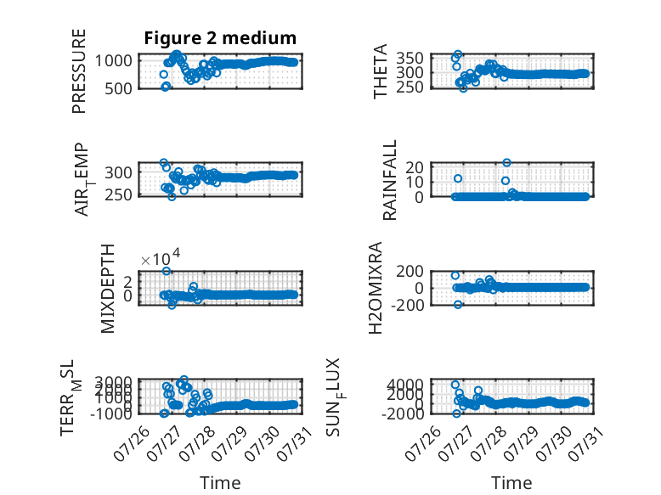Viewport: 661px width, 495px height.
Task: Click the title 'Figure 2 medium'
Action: (x=220, y=38)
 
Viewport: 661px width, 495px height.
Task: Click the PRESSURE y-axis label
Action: (x=79, y=71)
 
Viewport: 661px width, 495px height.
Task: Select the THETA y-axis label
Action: (x=381, y=71)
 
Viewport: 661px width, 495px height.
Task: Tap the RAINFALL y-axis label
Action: (x=390, y=180)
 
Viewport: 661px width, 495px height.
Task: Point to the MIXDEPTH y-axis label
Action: (x=108, y=289)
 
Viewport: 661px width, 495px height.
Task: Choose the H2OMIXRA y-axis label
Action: (x=376, y=288)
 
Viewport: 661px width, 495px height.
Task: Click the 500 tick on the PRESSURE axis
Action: (x=118, y=89)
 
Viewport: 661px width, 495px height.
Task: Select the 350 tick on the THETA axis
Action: (x=410, y=58)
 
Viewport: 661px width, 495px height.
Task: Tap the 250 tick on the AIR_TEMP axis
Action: (x=118, y=195)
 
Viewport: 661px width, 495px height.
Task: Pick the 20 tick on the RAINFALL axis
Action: (x=415, y=167)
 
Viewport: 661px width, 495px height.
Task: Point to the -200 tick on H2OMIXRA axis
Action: (x=408, y=305)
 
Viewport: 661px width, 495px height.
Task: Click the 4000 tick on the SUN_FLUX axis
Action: (x=405, y=385)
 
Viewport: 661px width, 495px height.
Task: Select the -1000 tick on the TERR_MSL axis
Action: (x=111, y=413)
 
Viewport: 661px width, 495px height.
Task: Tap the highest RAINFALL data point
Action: (x=506, y=163)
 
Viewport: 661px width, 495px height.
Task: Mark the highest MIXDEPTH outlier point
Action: (x=167, y=272)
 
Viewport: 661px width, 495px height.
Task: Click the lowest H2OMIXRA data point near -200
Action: (x=458, y=305)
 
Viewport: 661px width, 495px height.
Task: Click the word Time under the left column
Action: (x=220, y=483)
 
